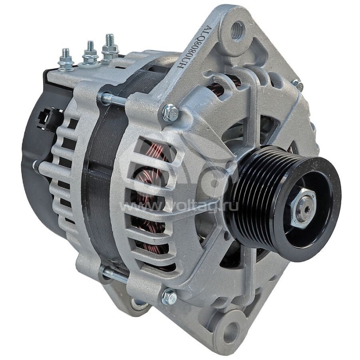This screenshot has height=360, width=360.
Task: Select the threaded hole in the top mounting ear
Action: [237, 31]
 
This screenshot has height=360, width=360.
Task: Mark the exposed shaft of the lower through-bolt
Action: [115, 274]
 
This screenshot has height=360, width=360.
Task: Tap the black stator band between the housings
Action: [97, 189]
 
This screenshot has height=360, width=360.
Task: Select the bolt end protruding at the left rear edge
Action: [35, 165]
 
